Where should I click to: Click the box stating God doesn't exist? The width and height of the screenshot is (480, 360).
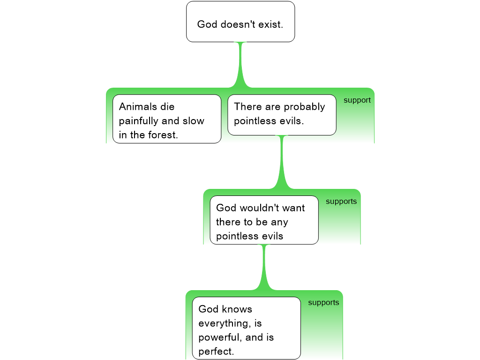[240, 22]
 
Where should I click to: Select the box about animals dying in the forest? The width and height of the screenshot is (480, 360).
[166, 119]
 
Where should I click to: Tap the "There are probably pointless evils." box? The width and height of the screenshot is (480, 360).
[282, 114]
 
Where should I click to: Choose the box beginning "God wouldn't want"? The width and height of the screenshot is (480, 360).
[264, 220]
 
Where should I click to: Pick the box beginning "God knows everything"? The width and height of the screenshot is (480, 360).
[246, 328]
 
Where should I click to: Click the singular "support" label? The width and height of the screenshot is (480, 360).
[357, 100]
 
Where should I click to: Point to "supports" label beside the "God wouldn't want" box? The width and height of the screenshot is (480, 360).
[341, 202]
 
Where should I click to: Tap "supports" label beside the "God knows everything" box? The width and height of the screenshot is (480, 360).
[323, 303]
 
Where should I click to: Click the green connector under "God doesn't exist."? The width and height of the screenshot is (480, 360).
[241, 66]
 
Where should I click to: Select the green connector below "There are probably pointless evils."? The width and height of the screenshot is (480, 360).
[282, 164]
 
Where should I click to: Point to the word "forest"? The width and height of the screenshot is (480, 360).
[165, 135]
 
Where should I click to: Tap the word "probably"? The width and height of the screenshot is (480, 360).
[304, 107]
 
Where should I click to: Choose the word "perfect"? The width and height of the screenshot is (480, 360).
[216, 352]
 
